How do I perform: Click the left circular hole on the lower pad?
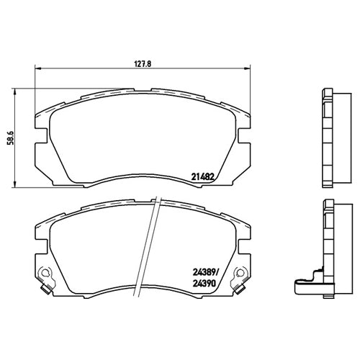point(45,276)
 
